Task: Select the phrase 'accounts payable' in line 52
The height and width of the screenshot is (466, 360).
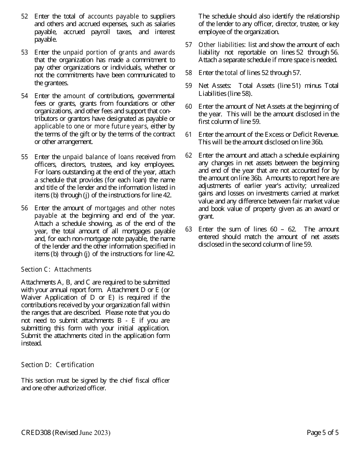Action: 113,16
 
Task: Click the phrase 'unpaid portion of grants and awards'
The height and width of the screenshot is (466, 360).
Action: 119,52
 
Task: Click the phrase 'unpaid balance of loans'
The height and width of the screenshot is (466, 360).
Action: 98,157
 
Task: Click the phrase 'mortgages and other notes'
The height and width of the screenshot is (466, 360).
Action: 135,208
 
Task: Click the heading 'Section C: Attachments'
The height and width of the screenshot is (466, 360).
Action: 56,269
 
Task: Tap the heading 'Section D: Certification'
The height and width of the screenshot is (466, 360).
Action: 57,365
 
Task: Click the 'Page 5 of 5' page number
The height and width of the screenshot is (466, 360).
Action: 322,433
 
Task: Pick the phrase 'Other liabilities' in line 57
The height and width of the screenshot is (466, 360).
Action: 222,45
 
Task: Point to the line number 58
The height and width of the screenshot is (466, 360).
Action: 188,73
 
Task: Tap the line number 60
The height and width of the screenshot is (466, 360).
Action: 188,106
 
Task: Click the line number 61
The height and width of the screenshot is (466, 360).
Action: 188,134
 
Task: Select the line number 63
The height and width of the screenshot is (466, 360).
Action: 188,229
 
